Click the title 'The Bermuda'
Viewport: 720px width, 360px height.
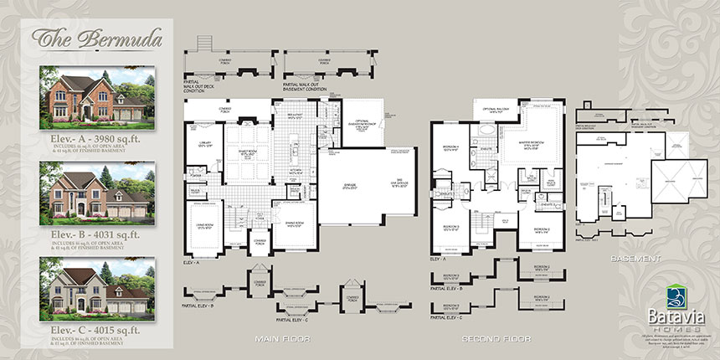click(x=80, y=38)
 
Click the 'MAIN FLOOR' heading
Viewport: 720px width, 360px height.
click(x=285, y=339)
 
